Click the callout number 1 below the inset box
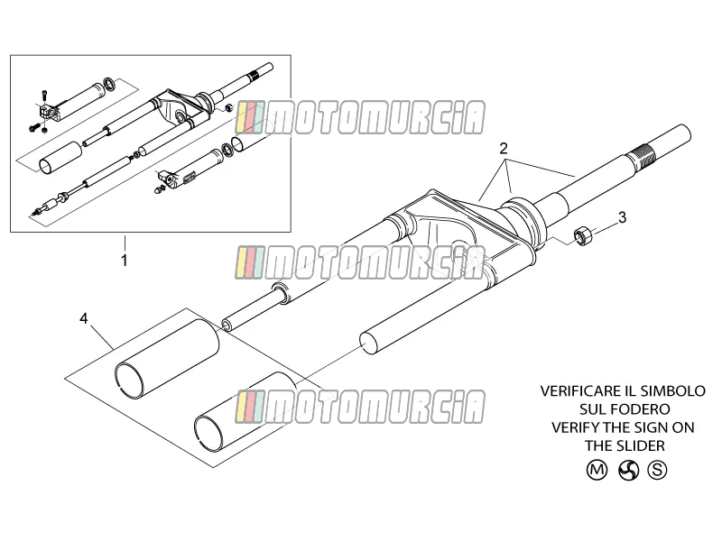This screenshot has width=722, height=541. pos(125,261)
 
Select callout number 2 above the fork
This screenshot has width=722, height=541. pos(504,148)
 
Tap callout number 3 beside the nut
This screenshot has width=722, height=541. pos(622,217)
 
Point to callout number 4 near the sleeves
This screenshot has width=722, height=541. pos(83,318)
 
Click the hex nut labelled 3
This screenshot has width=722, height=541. pos(580,235)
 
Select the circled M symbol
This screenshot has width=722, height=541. pos(597,470)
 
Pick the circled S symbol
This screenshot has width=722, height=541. pos(657,470)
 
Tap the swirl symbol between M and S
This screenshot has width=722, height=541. pos(628,470)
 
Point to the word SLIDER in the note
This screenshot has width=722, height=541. pos(643,445)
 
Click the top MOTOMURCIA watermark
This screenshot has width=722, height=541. pos(359,118)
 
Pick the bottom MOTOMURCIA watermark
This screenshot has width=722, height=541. pos(359,407)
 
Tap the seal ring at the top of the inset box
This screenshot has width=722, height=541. pos(109,84)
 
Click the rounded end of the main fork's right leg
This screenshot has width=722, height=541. pos(369,344)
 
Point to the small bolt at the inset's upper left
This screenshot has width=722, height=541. pos(44,96)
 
